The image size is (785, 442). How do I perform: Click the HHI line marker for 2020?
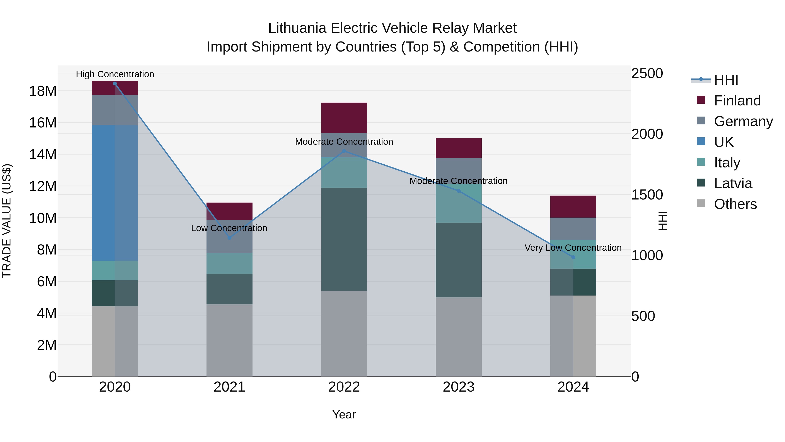tap(115, 84)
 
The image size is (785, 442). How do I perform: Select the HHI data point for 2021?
tap(229, 238)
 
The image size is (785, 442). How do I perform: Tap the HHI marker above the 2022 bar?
tap(344, 151)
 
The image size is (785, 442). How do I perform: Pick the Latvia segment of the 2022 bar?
tap(344, 239)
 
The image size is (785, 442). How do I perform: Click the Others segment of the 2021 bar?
tap(229, 340)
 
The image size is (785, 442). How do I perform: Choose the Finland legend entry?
tap(737, 101)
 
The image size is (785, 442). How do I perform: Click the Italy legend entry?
tap(727, 163)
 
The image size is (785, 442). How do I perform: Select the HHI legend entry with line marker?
tap(726, 80)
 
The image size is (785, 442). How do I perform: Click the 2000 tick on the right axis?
tap(647, 134)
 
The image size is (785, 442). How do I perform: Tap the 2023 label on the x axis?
tap(459, 387)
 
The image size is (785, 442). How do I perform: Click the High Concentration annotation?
tap(115, 74)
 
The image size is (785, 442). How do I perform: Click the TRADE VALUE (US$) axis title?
tap(7, 221)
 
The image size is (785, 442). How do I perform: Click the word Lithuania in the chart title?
tap(297, 28)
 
